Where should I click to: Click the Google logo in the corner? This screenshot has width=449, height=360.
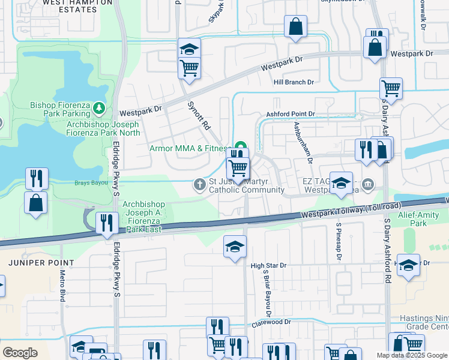[x=20, y=352]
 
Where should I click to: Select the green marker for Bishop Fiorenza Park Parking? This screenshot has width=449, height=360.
[x=99, y=109]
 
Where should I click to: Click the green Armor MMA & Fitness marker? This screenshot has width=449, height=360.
[x=241, y=146]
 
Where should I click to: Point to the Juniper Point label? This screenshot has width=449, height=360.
[x=41, y=263]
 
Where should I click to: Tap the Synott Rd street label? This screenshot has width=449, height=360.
[x=200, y=115]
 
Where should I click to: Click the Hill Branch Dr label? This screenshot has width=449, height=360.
[x=294, y=82]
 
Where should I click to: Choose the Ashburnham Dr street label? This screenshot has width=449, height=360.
[x=303, y=143]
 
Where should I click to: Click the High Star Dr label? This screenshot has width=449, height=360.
[x=269, y=265]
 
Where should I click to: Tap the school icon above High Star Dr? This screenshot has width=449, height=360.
[x=235, y=247]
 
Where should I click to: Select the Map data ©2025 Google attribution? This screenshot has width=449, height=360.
[x=412, y=355]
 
